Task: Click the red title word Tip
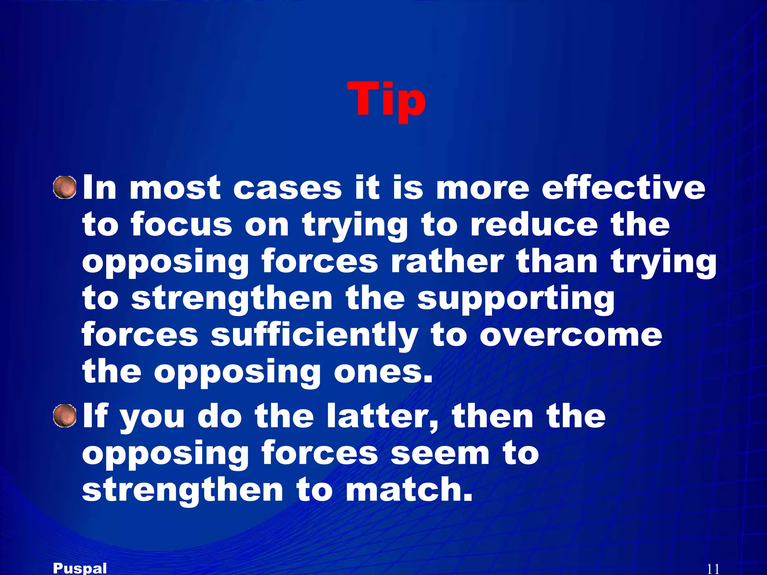coord(386,99)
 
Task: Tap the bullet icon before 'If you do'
coord(65,416)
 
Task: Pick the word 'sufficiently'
coord(314,335)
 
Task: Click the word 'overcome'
coord(571,335)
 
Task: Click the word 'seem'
coord(440,453)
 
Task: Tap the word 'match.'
coord(409,490)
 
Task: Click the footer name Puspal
coord(80,568)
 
